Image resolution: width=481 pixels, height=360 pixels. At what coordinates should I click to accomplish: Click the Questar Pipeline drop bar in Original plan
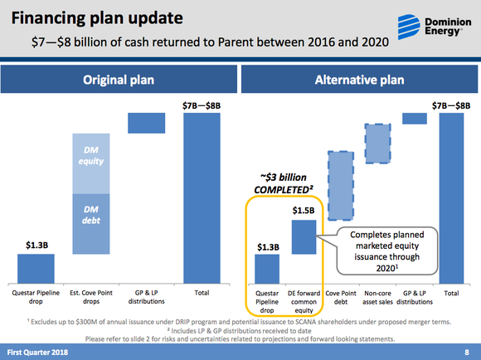click(x=36, y=268)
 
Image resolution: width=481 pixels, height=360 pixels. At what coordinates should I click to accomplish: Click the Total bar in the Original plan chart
click(x=202, y=197)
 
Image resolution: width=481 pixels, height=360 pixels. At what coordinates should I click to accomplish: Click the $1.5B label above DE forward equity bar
click(x=303, y=211)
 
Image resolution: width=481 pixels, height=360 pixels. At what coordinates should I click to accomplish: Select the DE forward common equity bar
click(x=303, y=236)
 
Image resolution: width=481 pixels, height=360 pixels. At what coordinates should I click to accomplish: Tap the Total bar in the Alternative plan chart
click(x=451, y=197)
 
